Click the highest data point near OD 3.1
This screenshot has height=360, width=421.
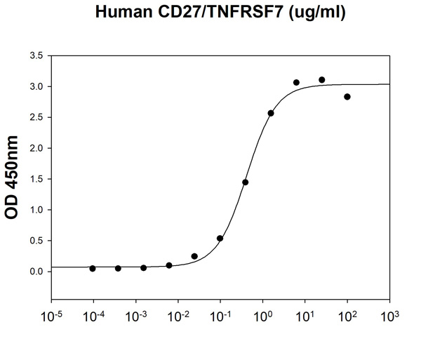pyautogui.click(x=322, y=80)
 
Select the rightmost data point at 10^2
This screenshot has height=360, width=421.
pyautogui.click(x=347, y=97)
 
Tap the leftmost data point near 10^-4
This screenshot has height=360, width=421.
pyautogui.click(x=93, y=269)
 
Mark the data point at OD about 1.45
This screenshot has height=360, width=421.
pyautogui.click(x=246, y=182)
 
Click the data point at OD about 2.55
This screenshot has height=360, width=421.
pyautogui.click(x=271, y=113)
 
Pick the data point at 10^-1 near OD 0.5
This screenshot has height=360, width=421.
pyautogui.click(x=220, y=239)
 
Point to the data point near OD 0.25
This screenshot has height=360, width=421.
pyautogui.click(x=194, y=256)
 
